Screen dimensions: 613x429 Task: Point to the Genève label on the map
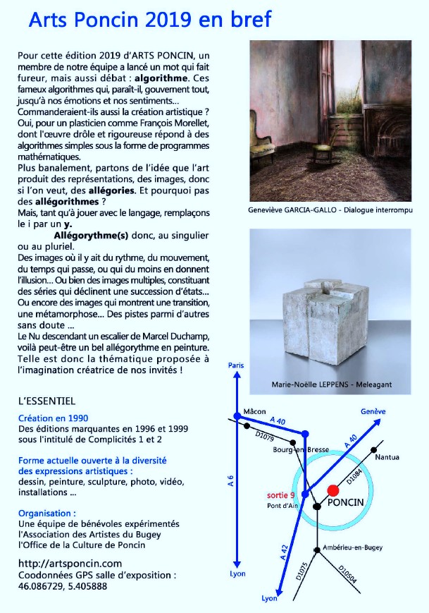click(373, 411)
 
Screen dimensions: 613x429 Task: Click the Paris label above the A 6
click(237, 365)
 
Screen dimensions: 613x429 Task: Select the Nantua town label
click(387, 458)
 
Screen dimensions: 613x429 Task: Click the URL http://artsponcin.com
click(70, 563)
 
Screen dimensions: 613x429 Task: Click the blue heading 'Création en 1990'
click(54, 417)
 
